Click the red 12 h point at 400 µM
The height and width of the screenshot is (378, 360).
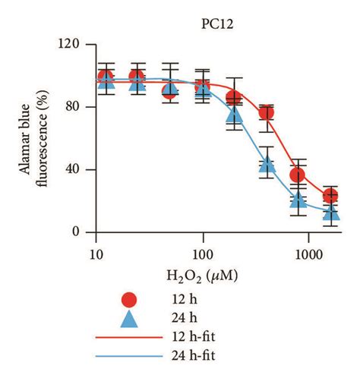pos(267,113)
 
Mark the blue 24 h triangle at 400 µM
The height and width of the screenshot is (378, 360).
pos(267,164)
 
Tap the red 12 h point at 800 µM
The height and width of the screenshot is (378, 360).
pos(298,175)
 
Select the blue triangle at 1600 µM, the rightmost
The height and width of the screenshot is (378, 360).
pos(330,213)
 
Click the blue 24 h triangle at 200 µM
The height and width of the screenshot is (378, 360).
pos(235,115)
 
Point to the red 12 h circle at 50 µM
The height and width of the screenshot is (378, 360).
pos(170,91)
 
